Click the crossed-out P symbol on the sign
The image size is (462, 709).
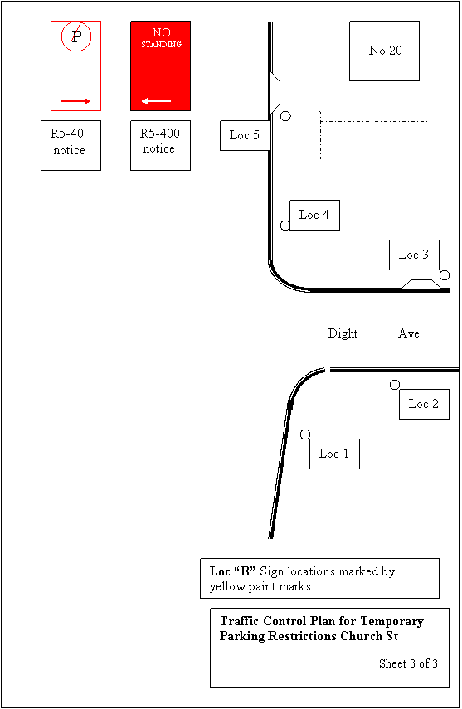76,36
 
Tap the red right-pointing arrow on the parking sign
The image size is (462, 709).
76,101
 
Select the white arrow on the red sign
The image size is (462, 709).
156,101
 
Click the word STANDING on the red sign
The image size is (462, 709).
161,44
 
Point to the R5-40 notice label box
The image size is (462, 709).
71,145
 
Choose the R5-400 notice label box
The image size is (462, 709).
160,145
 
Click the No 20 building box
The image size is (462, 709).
384,51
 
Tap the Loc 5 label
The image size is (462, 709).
246,135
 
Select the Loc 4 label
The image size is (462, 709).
314,215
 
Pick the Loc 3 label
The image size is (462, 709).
414,255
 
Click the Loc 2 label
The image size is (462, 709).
424,404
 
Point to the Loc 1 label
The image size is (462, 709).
334,454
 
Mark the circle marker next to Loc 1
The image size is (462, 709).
305,435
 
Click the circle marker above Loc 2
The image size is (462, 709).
395,385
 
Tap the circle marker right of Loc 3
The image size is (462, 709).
445,275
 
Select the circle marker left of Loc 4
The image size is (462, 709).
285,226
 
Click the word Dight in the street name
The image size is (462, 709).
343,333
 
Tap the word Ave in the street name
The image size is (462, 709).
409,333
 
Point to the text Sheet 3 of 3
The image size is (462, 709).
408,663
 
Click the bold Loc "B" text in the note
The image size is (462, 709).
232,571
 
